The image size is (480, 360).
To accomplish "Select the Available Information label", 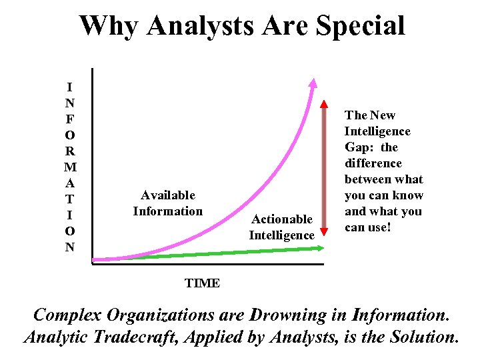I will (167, 203).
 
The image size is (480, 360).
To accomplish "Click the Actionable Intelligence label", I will (281, 227).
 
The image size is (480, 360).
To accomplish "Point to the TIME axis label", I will (202, 283).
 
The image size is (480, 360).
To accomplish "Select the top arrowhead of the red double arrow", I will (325, 105).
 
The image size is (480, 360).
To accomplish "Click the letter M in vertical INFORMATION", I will (70, 167).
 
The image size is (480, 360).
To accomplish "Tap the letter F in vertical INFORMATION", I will (70, 119).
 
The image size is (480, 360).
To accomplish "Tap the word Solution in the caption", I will (425, 337).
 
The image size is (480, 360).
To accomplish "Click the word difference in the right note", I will (373, 163).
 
